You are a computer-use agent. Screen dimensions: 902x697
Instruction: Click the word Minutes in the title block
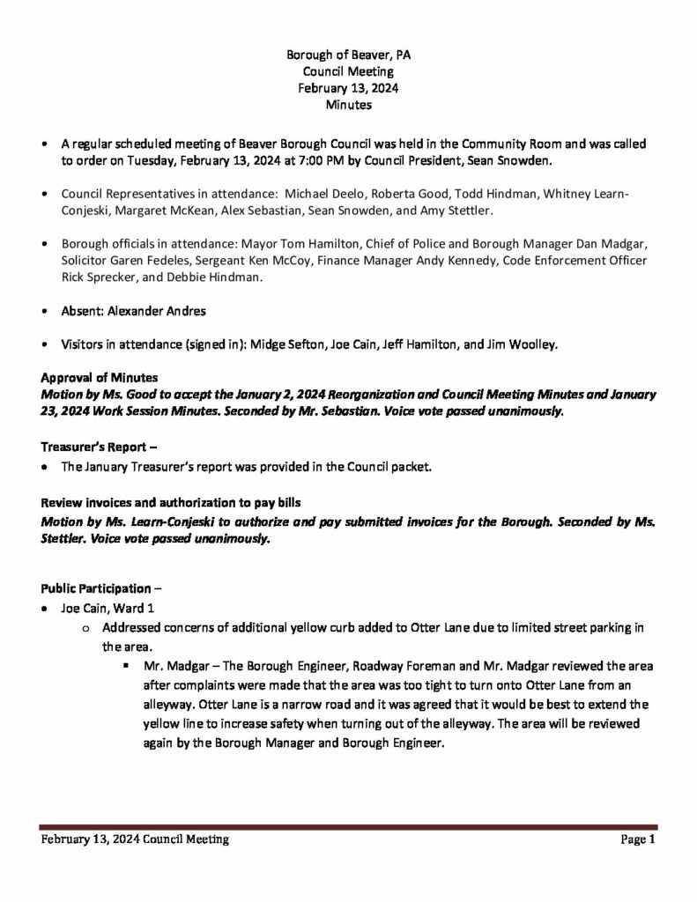pos(348,105)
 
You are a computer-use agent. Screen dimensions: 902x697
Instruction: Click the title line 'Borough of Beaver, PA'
pos(348,55)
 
